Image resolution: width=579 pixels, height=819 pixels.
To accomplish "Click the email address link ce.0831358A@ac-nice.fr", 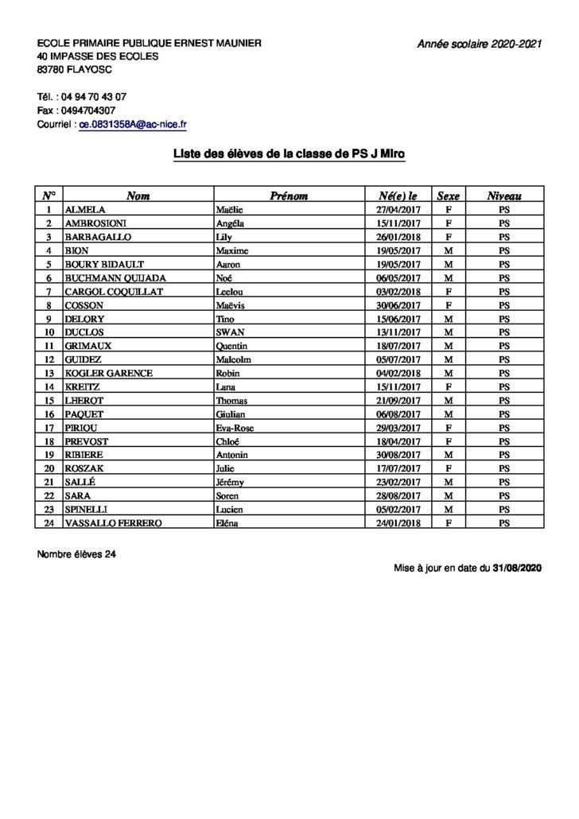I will coord(133,125).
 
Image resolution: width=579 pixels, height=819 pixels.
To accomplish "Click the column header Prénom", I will coord(289,196).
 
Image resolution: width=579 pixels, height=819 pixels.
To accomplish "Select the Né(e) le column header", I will coord(398,196).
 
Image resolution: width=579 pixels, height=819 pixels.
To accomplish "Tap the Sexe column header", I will coord(449,196).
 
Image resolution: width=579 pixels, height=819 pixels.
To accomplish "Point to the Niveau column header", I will coord(504,196).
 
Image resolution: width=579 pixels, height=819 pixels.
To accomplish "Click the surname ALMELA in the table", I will coord(84,210).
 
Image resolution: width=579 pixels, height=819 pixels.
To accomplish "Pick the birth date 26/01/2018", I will coord(398,237).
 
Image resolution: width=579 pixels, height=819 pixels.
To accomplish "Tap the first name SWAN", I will coord(230,332).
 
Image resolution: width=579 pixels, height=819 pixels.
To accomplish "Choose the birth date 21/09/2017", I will coord(398,401).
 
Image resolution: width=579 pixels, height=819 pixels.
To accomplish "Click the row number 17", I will coord(49,428).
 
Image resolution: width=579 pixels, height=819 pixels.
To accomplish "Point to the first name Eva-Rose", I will coord(236,428).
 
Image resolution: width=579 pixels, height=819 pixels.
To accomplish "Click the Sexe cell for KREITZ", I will coord(449,387).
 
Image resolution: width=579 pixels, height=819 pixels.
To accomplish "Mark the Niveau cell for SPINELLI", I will coord(504,510).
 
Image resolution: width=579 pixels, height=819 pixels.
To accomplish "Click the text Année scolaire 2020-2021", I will coord(479,45).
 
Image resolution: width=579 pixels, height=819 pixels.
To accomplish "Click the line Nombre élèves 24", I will coord(76,554).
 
